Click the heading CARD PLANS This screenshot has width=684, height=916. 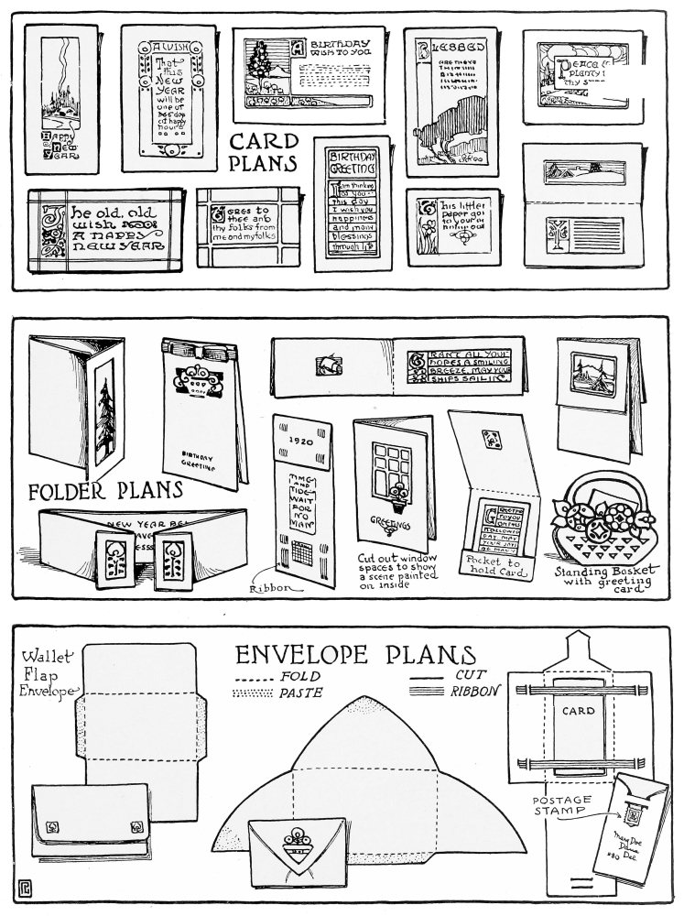click(265, 152)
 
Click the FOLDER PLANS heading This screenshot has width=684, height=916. click(106, 490)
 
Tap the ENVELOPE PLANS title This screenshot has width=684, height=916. click(356, 656)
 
